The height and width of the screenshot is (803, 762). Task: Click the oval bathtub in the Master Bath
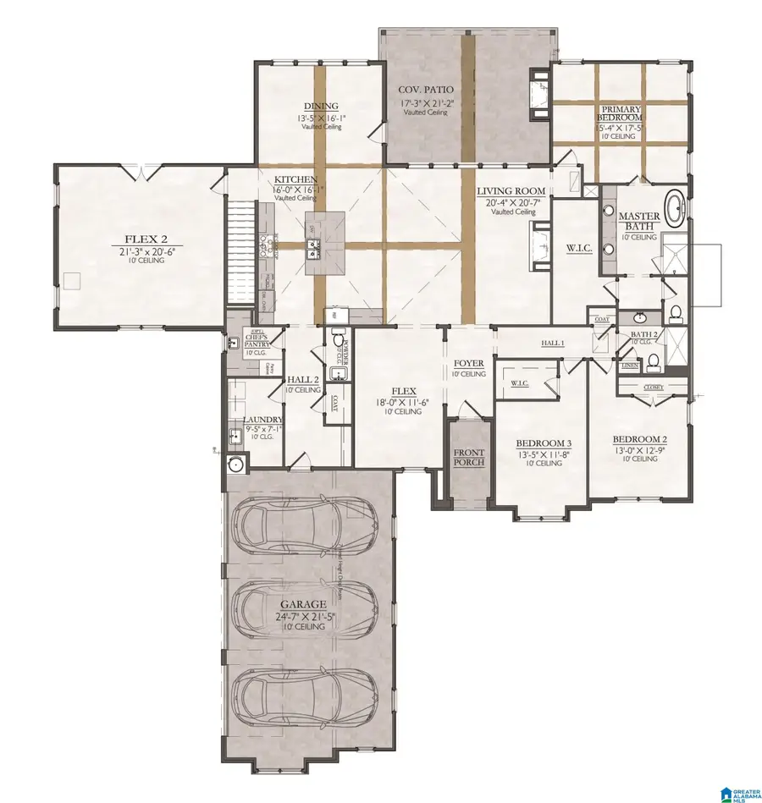coord(676,208)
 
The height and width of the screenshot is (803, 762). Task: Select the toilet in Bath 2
coord(653,365)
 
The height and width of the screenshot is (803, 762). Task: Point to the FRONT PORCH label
coord(467,458)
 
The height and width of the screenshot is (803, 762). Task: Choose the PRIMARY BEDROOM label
coord(621,114)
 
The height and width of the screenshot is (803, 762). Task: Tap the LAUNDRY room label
coord(262,419)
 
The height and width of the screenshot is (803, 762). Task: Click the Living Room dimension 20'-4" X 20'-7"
coord(510,203)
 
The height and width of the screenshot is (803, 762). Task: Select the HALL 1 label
coord(553,343)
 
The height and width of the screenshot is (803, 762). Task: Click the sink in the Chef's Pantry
coord(233,344)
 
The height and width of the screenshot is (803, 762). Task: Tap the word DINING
coord(320,107)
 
